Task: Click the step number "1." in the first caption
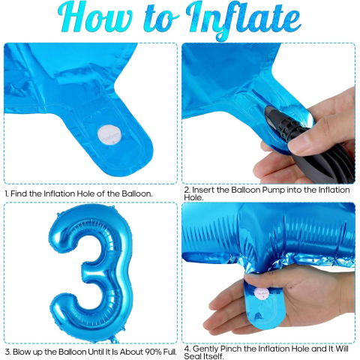click(7, 193)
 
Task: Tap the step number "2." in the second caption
click(187, 190)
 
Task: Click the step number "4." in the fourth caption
click(187, 347)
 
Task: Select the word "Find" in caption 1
click(22, 193)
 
